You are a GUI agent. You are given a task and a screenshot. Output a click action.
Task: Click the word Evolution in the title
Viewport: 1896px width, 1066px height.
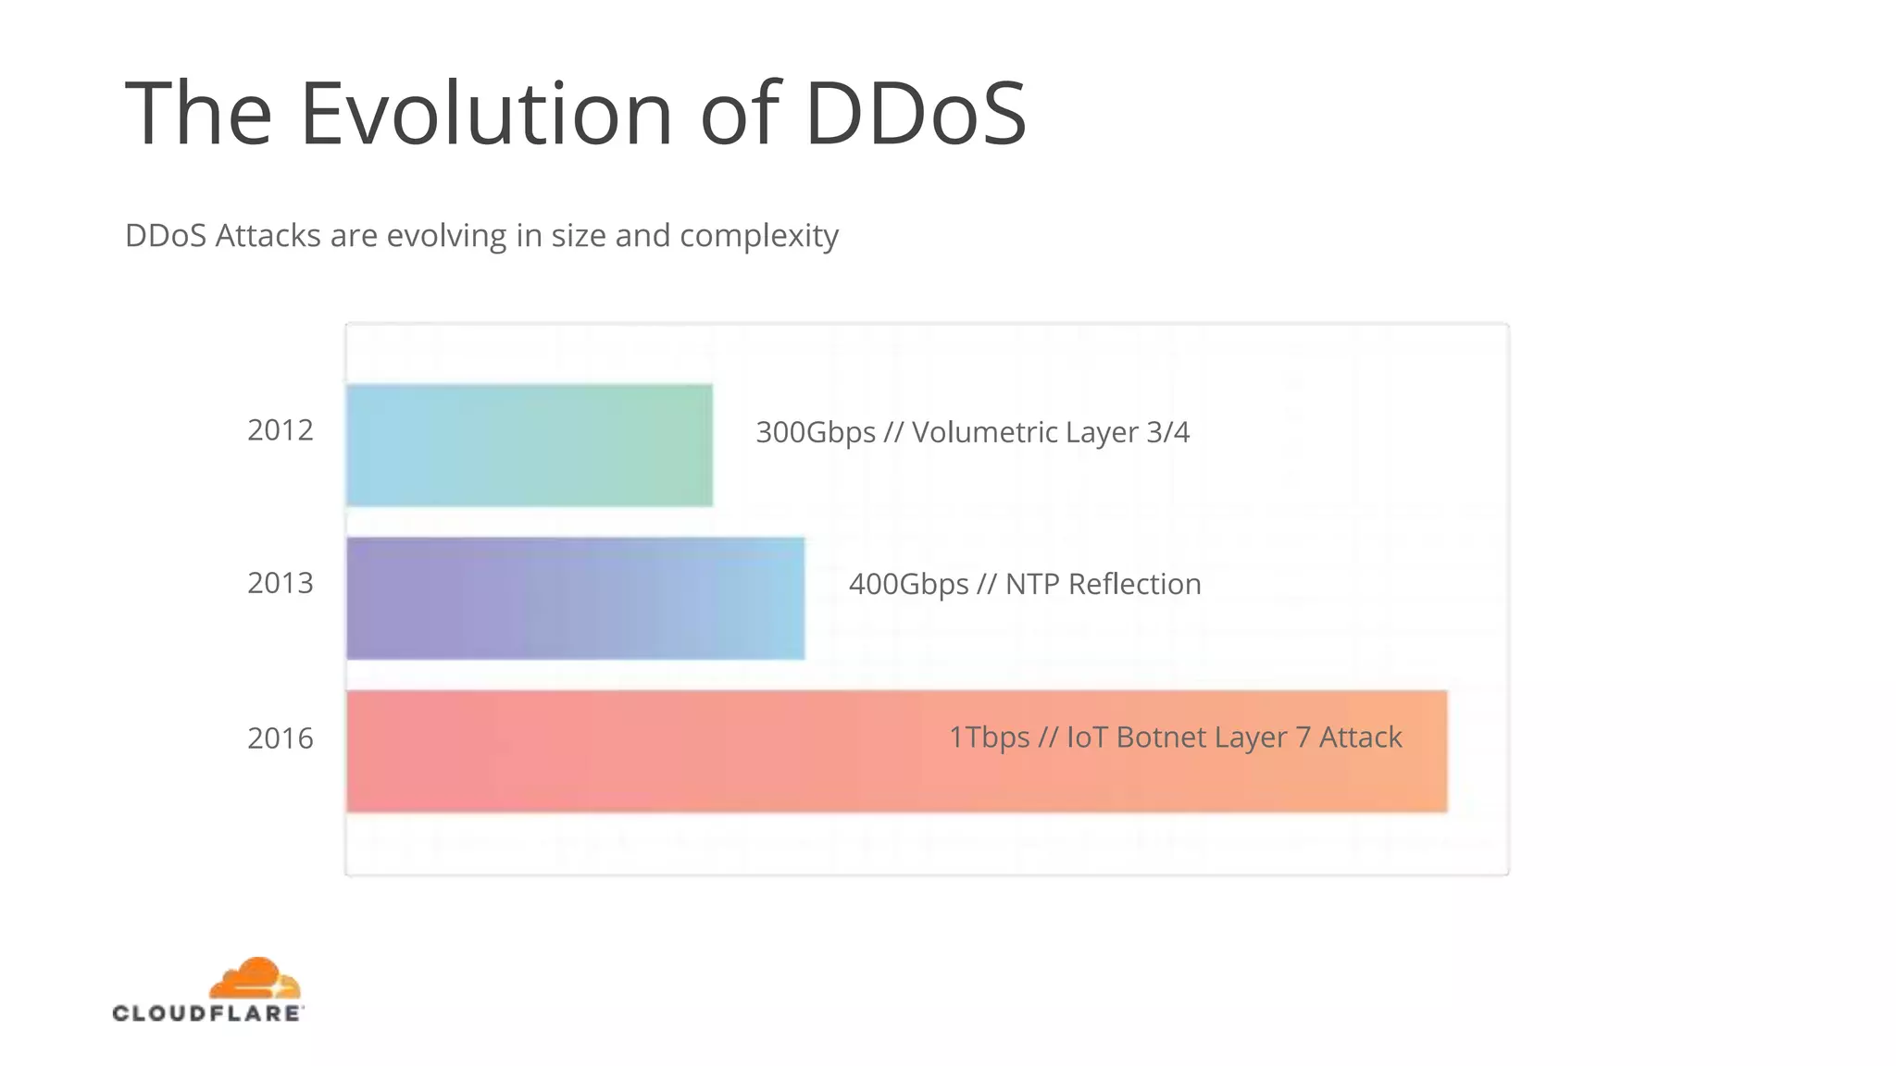[486, 114]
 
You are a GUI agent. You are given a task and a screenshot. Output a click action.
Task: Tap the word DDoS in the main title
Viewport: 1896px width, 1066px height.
[916, 114]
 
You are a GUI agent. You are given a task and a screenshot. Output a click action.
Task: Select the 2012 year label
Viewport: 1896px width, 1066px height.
[281, 430]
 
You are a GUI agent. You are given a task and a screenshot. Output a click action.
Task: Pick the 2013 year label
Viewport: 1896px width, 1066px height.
[281, 583]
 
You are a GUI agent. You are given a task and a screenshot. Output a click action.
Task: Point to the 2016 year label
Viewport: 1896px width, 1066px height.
[281, 738]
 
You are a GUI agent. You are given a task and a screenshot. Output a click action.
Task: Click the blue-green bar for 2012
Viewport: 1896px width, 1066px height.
[530, 445]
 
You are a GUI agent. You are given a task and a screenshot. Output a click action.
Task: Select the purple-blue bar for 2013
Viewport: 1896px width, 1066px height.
[575, 598]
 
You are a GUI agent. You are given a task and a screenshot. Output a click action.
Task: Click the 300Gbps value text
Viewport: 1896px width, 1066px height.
[816, 432]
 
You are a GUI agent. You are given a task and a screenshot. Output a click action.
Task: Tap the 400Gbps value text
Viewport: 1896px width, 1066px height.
[908, 585]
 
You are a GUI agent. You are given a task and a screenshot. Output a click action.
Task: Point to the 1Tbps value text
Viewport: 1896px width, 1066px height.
[989, 738]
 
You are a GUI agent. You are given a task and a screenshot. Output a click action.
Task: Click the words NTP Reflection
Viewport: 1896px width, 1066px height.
[1103, 585]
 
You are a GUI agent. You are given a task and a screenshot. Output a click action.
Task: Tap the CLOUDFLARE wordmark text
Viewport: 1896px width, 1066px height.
[207, 1013]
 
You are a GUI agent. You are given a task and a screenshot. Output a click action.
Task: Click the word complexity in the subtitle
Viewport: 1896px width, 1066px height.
[759, 236]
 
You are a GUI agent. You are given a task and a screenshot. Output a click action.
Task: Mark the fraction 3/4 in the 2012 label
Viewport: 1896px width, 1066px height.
[1167, 432]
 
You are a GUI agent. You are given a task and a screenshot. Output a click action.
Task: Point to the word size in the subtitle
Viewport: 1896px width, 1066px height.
[579, 236]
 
